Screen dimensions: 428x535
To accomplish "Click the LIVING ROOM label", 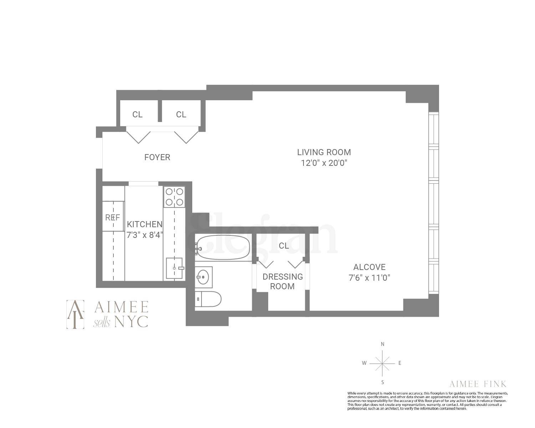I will coord(324,152).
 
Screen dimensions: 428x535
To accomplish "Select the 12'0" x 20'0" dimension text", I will coord(324,163).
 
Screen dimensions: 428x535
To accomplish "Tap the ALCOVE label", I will coord(369,267).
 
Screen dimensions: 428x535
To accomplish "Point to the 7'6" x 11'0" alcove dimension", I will coord(369,278).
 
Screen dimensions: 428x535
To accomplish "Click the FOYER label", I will coord(157,157).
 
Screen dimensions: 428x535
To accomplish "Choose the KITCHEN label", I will coord(144,224).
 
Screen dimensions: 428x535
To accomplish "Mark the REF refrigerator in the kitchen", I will coord(113,217).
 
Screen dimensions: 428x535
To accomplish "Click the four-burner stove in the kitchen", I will coord(174,197).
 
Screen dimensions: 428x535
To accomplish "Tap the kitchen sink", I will coord(174,268).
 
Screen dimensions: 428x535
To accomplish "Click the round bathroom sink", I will coord(204,277).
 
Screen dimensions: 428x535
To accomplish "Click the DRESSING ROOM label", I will coord(282,281).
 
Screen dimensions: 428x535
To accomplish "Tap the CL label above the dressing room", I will coord(284,246).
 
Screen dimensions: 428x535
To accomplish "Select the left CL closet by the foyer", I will coord(137,114).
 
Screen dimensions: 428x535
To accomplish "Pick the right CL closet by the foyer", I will coord(181,114).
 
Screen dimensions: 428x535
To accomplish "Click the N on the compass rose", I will coord(383,345).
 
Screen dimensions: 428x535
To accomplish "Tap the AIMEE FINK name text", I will coord(478,384).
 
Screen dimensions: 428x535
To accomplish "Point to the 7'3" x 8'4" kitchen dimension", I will coord(144,235).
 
